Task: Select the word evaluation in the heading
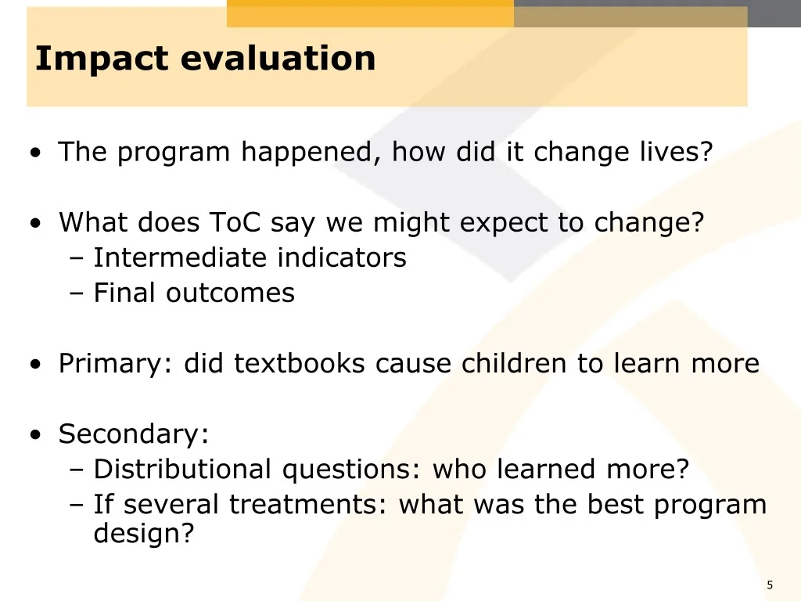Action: tap(278, 58)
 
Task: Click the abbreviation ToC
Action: tap(235, 222)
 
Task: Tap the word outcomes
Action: tap(231, 293)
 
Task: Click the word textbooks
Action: tap(300, 363)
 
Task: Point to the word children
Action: tap(514, 363)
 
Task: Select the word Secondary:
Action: tap(134, 434)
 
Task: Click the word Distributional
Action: tap(182, 469)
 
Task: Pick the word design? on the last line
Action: tap(144, 533)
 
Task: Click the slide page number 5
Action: tap(770, 585)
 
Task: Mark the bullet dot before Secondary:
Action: tap(35, 435)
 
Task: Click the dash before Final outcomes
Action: tap(76, 294)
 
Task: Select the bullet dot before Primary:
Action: tap(35, 365)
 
